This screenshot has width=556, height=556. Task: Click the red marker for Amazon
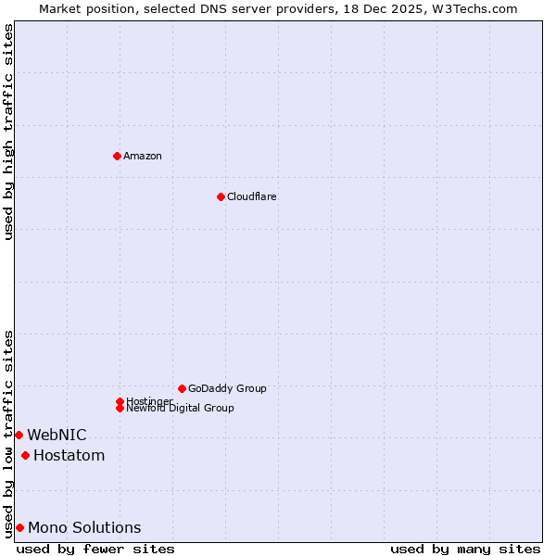[x=117, y=156]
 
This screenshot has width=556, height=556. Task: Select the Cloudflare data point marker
[x=221, y=196]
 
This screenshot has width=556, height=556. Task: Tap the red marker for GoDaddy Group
[x=182, y=388]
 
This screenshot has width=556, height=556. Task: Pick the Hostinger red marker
[x=120, y=401]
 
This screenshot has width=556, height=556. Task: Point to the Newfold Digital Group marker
[x=120, y=409]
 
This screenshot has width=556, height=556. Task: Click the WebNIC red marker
[x=19, y=435]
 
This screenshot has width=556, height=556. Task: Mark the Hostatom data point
[x=25, y=455]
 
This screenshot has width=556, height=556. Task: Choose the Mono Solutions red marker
[x=19, y=527]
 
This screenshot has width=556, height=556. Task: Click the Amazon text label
[x=143, y=156]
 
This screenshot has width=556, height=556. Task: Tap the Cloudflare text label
[x=252, y=196]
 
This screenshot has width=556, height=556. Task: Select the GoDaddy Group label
[x=227, y=388]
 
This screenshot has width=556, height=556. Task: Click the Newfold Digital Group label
[x=181, y=409]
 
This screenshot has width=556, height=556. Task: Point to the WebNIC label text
[x=57, y=435]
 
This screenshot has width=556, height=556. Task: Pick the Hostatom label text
[x=69, y=455]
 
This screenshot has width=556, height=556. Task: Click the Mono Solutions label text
[x=84, y=527]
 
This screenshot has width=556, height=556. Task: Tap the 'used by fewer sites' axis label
[x=95, y=549]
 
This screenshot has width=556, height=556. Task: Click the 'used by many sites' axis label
[x=465, y=549]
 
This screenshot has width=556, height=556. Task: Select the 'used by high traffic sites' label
[x=8, y=132]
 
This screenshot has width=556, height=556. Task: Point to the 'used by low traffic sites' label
[x=8, y=434]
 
